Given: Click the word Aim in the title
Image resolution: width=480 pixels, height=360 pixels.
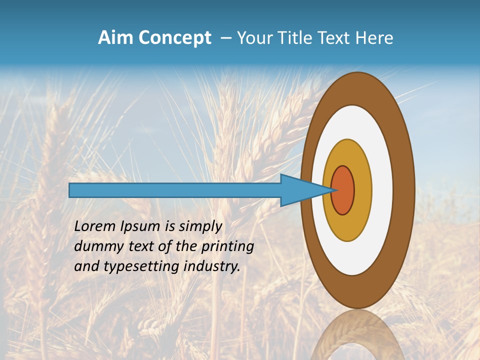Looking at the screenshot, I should (x=115, y=38).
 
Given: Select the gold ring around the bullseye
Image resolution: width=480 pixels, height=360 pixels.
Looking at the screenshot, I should (x=362, y=190).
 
